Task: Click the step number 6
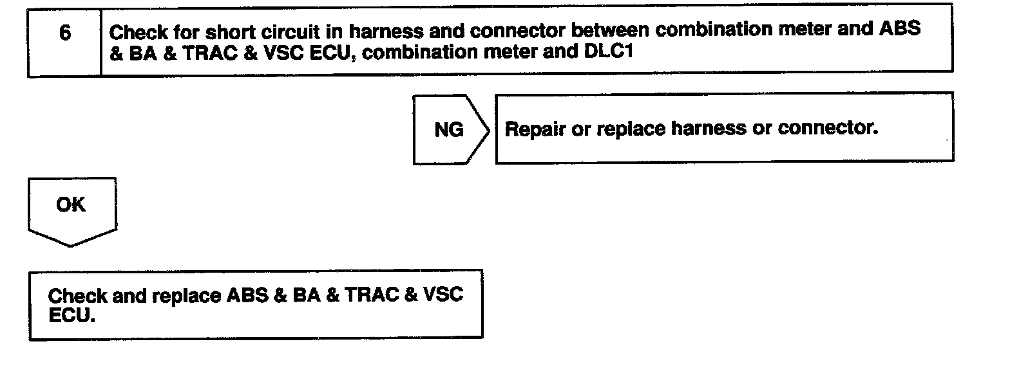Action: [64, 33]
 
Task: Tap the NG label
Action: [449, 129]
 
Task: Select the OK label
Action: [71, 205]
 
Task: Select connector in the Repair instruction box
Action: [828, 129]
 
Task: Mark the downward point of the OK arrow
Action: [71, 245]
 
